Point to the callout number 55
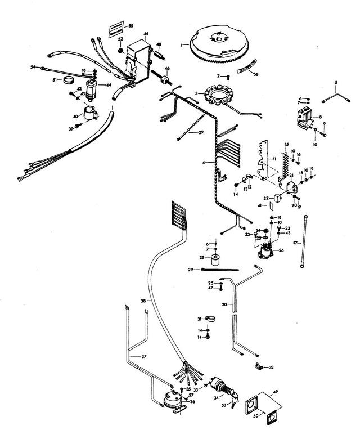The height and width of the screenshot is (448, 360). point(130,26)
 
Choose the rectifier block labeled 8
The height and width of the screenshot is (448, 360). point(307,118)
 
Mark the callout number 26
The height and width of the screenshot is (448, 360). point(296,250)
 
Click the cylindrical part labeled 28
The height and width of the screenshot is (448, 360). point(215,260)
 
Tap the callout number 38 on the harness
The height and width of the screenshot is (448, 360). point(143,302)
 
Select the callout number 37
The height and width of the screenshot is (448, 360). point(144,356)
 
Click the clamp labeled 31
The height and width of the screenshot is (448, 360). point(207,319)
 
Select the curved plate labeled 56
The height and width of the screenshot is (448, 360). point(244,70)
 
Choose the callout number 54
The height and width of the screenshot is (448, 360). point(33,67)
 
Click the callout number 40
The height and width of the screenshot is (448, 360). point(75,116)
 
